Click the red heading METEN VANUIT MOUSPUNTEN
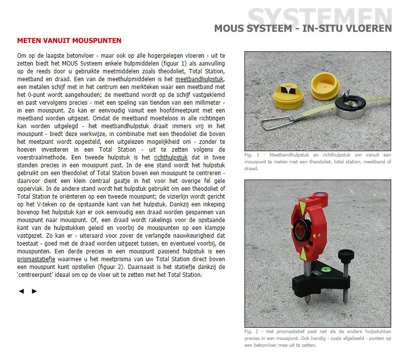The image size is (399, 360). coord(69,41)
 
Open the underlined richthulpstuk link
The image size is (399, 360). coord(171,158)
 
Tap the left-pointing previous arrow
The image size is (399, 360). coord(21,291)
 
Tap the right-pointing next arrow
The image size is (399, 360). coord(34,291)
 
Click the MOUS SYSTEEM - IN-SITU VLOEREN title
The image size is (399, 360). coord(303,28)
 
